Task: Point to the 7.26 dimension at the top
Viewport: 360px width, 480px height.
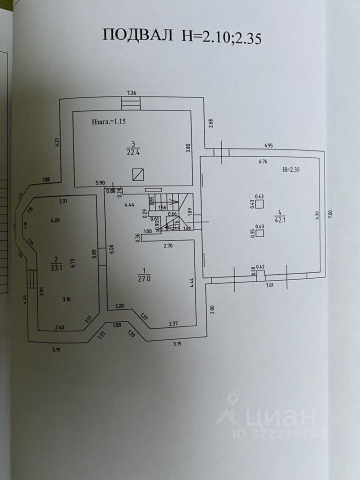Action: coord(131,92)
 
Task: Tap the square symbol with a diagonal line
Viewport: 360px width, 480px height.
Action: coord(138,174)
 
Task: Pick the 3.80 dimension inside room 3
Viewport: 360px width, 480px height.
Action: coord(188,148)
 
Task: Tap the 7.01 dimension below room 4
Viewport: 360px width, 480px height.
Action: coord(270,285)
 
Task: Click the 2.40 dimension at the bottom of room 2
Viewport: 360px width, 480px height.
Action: coord(59,328)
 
